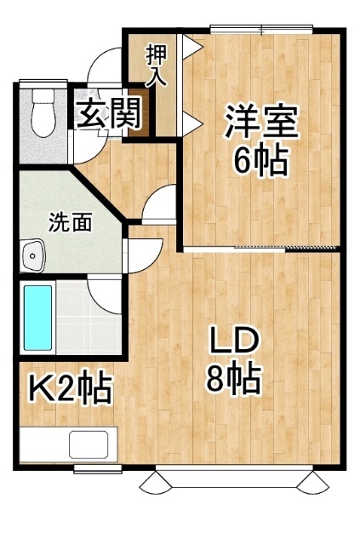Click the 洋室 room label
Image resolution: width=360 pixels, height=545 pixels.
261,121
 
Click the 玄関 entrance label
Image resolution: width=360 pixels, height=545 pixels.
108,113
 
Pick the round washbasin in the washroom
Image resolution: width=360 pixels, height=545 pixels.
34,254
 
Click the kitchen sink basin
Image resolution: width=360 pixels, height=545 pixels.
89,445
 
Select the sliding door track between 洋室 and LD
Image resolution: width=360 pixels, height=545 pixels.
260,249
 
